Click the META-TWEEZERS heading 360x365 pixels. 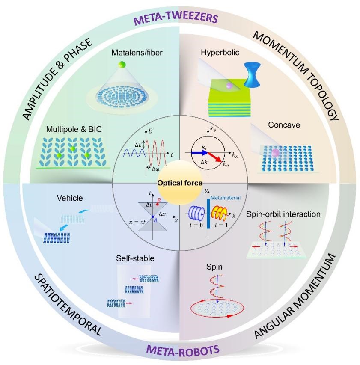(176, 19)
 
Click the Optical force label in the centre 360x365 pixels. (179, 183)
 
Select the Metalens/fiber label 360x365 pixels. (137, 52)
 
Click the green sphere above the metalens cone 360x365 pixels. (122, 65)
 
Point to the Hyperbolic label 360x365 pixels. (220, 52)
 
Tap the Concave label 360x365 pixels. (284, 125)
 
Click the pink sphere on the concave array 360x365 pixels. (276, 153)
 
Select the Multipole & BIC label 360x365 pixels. (74, 129)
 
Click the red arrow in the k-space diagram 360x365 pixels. (214, 157)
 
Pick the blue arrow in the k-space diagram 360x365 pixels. (199, 153)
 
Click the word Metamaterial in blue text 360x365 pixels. (226, 198)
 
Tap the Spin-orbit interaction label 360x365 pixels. (283, 214)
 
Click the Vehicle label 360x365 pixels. (70, 198)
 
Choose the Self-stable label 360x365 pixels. (135, 258)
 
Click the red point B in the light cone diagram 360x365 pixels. (158, 205)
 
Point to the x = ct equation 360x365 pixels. (137, 223)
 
